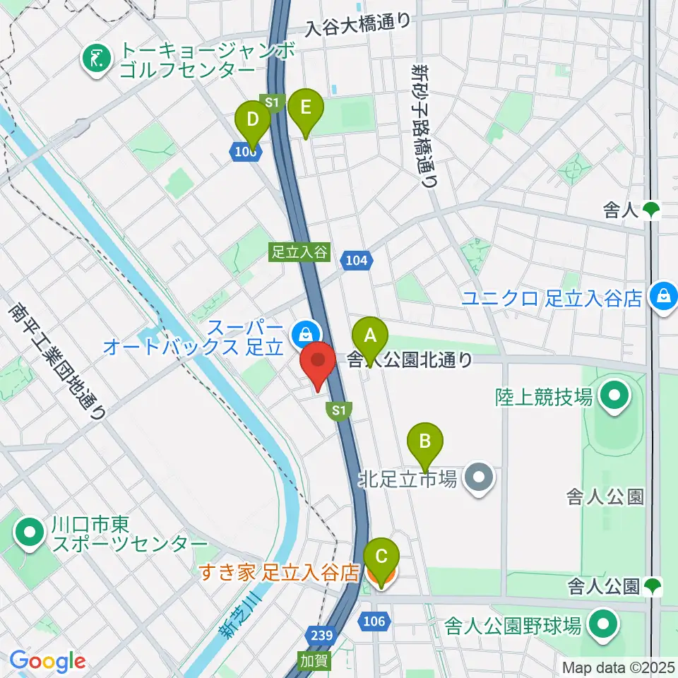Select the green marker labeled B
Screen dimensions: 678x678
click(425, 443)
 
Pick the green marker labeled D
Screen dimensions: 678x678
click(253, 121)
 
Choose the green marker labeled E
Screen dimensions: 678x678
click(305, 109)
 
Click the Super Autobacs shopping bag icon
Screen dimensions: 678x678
click(304, 332)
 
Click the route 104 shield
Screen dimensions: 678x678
click(356, 261)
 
